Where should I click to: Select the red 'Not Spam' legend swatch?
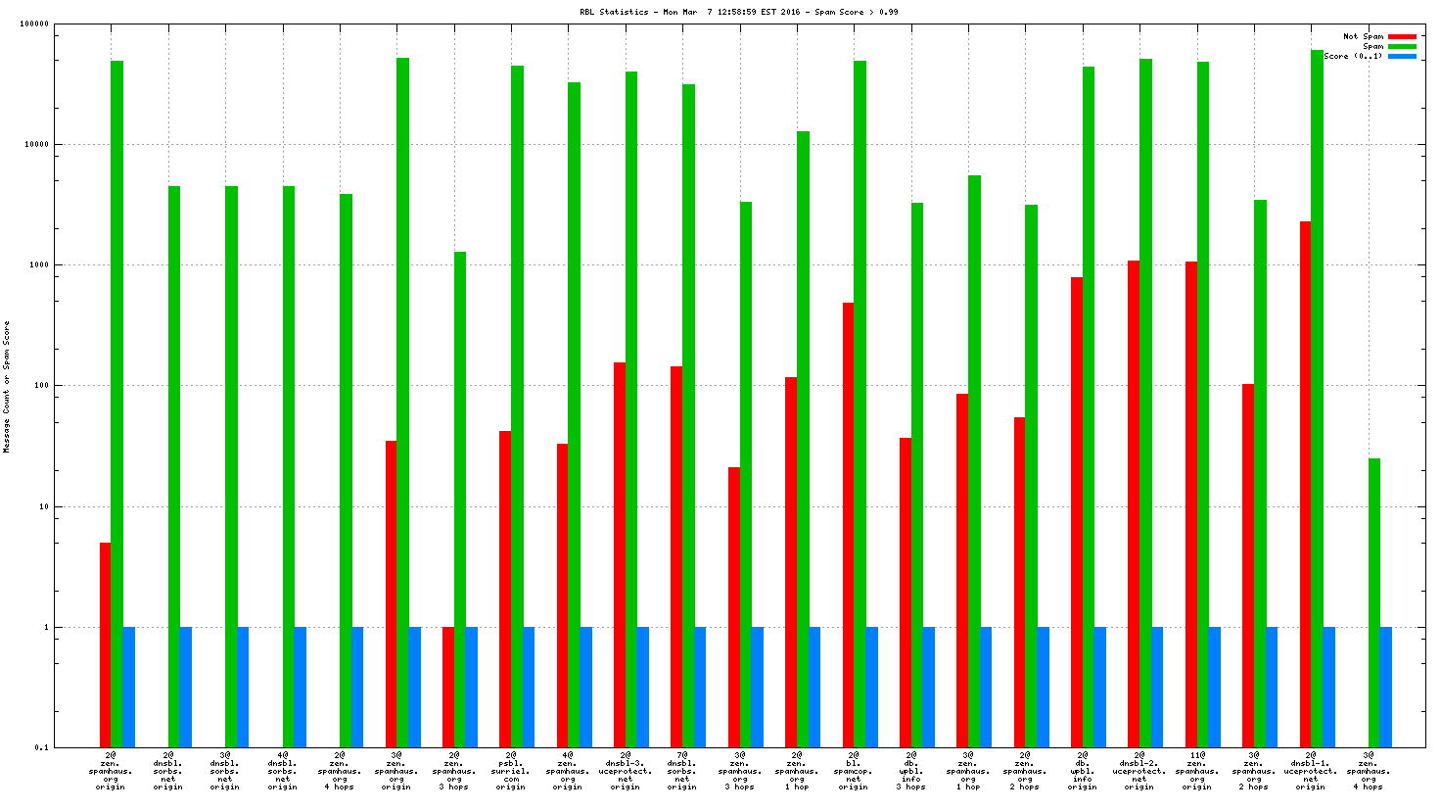1402,36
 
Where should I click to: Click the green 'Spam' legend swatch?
1402,46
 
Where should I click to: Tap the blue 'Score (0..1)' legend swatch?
1402,56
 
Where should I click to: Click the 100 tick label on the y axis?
40,386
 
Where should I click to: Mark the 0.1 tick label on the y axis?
41,748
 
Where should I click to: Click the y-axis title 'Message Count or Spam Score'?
7,387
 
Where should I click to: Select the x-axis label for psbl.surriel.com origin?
510,771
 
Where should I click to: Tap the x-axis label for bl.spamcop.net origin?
853,771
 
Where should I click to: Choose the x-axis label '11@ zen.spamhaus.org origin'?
1196,771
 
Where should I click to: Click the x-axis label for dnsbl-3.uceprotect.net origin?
625,771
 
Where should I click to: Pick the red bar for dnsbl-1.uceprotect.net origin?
1306,485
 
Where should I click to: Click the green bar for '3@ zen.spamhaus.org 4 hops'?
1374,602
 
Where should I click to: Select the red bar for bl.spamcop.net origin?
848,525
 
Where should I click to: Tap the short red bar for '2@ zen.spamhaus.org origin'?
105,644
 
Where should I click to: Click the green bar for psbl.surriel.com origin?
517,406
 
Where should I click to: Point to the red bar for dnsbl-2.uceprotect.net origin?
1134,504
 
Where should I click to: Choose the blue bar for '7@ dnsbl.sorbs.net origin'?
700,687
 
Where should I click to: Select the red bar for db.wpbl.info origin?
1077,512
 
